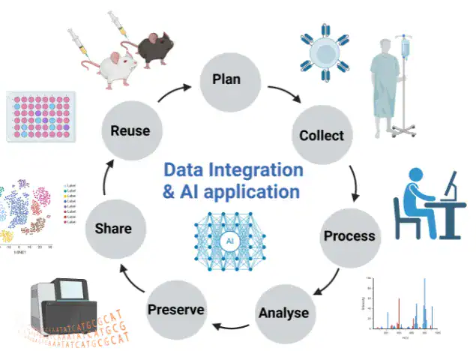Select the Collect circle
(x=322, y=135)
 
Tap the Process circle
(x=349, y=235)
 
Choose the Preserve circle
(x=176, y=309)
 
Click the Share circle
(x=114, y=228)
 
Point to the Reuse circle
(x=130, y=130)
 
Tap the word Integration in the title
(x=255, y=169)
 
